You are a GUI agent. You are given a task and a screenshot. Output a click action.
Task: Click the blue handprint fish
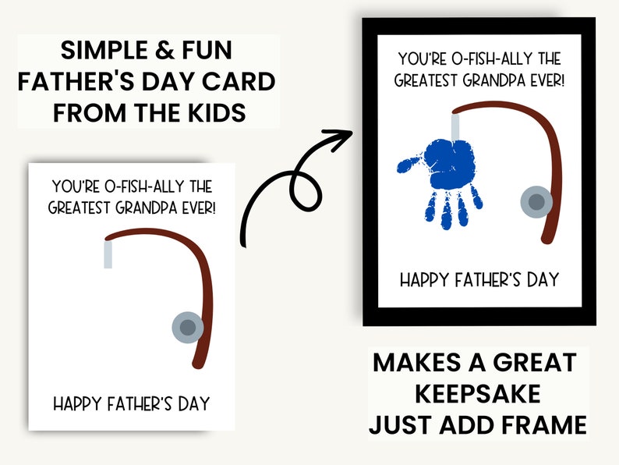coord(448,176)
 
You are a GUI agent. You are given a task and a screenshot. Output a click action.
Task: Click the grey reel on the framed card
coord(536,202)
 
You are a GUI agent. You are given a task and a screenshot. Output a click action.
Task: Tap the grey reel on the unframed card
coord(186,326)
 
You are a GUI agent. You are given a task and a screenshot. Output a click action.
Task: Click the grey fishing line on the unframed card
coord(108,254)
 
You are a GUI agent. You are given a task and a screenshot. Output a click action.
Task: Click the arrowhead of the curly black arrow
coord(340,141)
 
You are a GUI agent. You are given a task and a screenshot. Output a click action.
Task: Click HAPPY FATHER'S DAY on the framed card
coord(479,279)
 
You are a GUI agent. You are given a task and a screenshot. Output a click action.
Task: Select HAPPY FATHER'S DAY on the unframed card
coord(131,404)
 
